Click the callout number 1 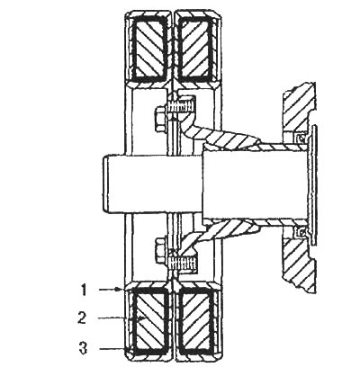point(84,290)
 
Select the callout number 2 point(82,318)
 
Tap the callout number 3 point(83,348)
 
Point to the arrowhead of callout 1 point(121,290)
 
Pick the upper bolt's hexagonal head point(160,120)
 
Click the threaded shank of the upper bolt point(180,107)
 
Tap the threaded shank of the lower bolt point(182,264)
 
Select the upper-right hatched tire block point(196,47)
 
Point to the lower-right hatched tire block point(196,321)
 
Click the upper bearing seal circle point(299,138)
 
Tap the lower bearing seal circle point(300,231)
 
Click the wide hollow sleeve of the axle point(255,183)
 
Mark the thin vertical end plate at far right point(313,184)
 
